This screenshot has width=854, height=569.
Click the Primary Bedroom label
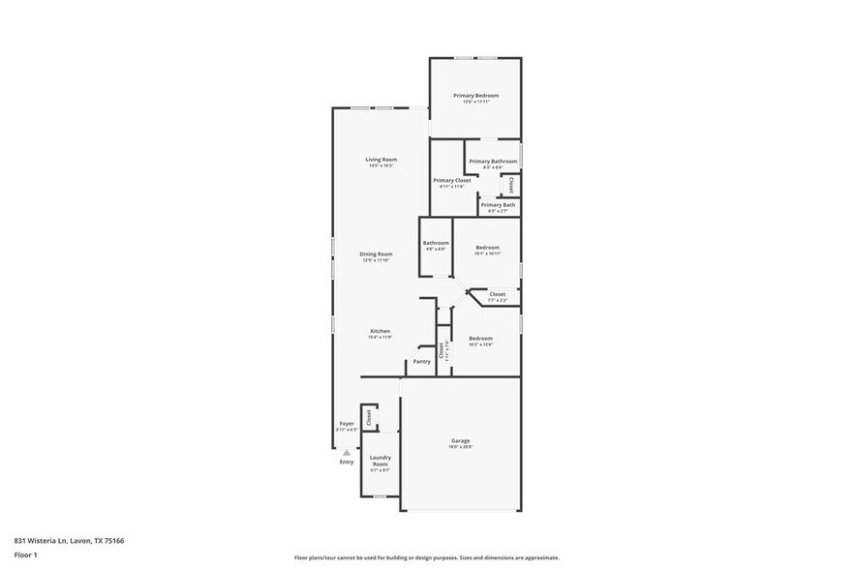coord(476,95)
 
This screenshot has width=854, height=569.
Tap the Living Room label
coord(381,159)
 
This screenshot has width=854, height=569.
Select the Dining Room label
coord(376,254)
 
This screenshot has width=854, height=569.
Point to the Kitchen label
coord(380,331)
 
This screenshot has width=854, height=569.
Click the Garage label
coord(460,440)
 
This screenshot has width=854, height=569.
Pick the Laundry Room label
coord(380,461)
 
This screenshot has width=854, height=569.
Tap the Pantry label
coord(421,361)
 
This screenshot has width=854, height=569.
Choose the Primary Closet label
coord(451,180)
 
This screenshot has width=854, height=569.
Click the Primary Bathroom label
coord(493,161)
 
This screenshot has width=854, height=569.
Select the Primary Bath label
coord(498,204)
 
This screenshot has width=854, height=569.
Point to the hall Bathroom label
coord(436,242)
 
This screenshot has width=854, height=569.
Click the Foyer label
coord(346,423)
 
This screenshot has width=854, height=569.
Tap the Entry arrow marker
coord(346,452)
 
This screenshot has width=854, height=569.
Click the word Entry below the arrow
coord(346,462)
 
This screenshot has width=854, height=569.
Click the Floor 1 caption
coord(25,554)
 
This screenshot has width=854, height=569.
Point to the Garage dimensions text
coord(460,447)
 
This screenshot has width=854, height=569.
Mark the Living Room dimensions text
coord(381,165)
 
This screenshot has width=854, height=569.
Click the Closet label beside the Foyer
coord(368,417)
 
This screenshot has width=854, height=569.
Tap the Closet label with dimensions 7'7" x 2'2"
coord(497,294)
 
